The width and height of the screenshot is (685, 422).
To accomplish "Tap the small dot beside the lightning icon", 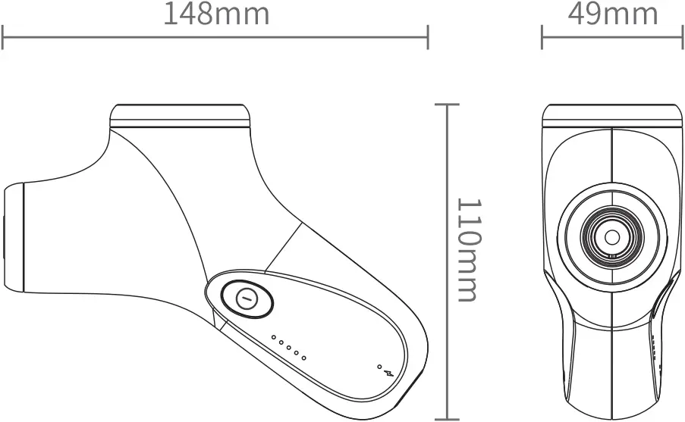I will (x=379, y=367).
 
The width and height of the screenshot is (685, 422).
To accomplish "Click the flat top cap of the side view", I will (x=181, y=115).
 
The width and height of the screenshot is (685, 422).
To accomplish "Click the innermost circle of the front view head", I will (x=611, y=237).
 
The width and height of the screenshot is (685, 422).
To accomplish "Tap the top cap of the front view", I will (x=611, y=115).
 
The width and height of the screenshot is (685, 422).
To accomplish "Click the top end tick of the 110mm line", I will (x=448, y=105).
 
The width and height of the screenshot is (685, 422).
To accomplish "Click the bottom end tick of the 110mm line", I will (x=448, y=417).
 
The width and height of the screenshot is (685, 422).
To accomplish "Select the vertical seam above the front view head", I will (x=611, y=155).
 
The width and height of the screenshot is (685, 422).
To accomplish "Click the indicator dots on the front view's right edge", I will (x=653, y=345).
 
